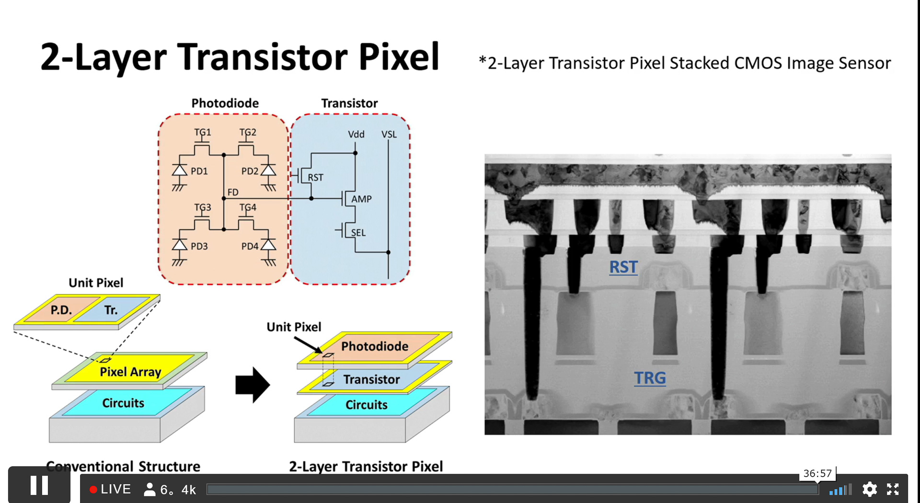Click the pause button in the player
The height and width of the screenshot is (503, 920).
point(39,485)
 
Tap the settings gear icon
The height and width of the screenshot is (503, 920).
point(869,489)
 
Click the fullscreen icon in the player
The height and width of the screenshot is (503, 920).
point(892,489)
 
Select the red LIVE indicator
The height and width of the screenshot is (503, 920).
point(110,489)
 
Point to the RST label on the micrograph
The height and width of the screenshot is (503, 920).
point(623,267)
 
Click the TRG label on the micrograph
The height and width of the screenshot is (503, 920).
point(650,378)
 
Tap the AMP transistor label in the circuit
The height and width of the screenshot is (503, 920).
point(361,199)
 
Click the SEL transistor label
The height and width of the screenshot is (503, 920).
point(358,233)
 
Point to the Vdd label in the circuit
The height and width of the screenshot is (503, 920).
point(356,134)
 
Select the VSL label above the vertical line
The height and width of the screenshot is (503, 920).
point(389,134)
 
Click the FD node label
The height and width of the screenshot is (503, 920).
point(233,192)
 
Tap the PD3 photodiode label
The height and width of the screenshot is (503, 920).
point(199,246)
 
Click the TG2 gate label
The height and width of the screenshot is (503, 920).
point(248,132)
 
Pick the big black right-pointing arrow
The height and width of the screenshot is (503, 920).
point(253,385)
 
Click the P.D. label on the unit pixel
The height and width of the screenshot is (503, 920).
point(61,310)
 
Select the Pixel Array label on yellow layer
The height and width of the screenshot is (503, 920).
point(130,372)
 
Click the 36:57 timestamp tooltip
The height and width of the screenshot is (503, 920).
point(817,473)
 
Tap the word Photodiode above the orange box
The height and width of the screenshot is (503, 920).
point(225,103)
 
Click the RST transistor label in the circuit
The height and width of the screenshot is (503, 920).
point(315,177)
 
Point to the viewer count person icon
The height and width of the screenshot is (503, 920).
point(149,489)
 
